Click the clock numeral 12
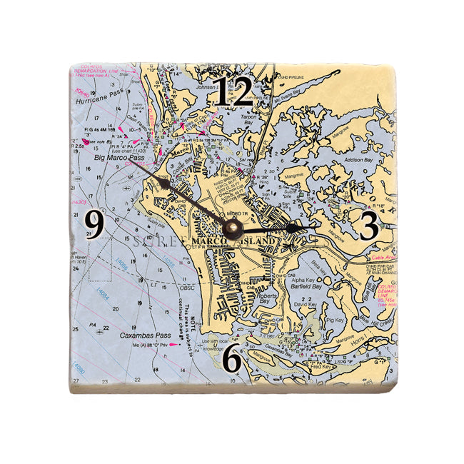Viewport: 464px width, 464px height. click(234, 92)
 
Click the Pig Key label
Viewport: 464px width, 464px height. click(333, 321)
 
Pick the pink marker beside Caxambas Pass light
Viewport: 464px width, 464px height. click(172, 345)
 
